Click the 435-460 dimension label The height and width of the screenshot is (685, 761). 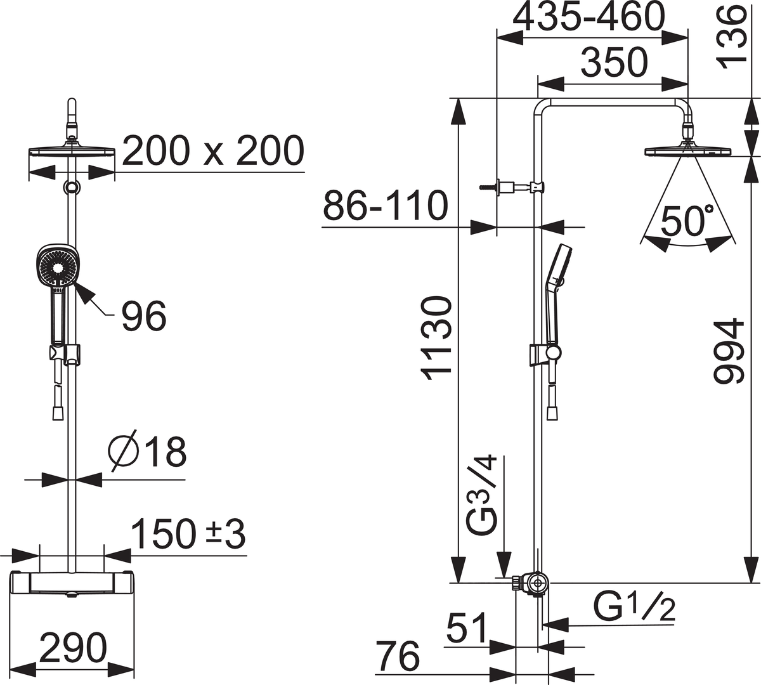589,18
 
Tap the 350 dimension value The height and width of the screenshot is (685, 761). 615,63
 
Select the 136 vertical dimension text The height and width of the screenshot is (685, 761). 731,39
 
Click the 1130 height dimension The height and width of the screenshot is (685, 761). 437,339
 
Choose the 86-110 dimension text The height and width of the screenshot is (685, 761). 386,205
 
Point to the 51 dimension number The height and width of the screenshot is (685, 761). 466,627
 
